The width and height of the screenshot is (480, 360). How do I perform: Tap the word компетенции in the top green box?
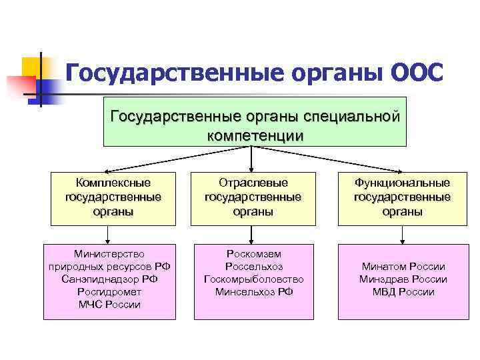tap(255, 135)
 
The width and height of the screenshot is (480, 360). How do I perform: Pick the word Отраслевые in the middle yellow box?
tap(253, 182)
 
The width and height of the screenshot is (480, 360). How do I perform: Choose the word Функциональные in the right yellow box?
tap(402, 182)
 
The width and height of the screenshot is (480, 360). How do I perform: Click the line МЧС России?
tap(109, 304)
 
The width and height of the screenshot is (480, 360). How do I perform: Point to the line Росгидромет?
tap(109, 291)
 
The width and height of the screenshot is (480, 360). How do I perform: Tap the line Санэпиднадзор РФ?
tap(109, 279)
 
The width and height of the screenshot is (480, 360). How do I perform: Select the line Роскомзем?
tap(253, 253)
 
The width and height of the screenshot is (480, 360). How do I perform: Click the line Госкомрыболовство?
tap(253, 279)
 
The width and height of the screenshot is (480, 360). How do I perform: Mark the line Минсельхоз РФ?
tap(253, 291)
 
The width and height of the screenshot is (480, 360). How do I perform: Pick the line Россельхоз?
tap(253, 266)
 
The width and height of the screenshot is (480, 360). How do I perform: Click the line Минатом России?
tap(402, 266)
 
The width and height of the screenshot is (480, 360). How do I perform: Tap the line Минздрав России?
tap(402, 279)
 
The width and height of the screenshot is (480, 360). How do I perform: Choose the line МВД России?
tap(402, 291)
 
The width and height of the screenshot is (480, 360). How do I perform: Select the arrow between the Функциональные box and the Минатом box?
tap(401, 234)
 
